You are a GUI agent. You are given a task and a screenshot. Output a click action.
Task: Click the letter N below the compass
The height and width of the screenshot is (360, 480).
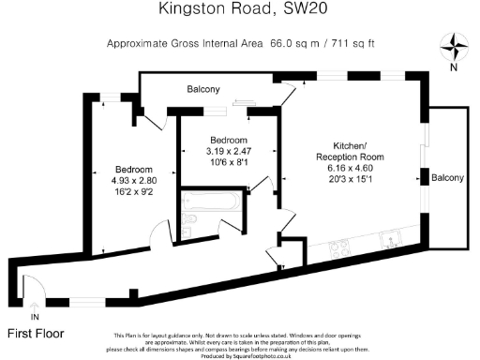455,67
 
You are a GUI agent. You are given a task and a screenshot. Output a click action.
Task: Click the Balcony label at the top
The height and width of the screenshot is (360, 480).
202,90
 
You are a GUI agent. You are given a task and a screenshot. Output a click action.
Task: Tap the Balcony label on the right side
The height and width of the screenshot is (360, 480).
447,177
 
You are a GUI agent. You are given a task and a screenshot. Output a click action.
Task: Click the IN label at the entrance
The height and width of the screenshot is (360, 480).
36,319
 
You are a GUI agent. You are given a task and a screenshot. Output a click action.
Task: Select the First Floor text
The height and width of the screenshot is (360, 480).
37,333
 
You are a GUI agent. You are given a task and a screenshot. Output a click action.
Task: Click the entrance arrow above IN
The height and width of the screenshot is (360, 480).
36,305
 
